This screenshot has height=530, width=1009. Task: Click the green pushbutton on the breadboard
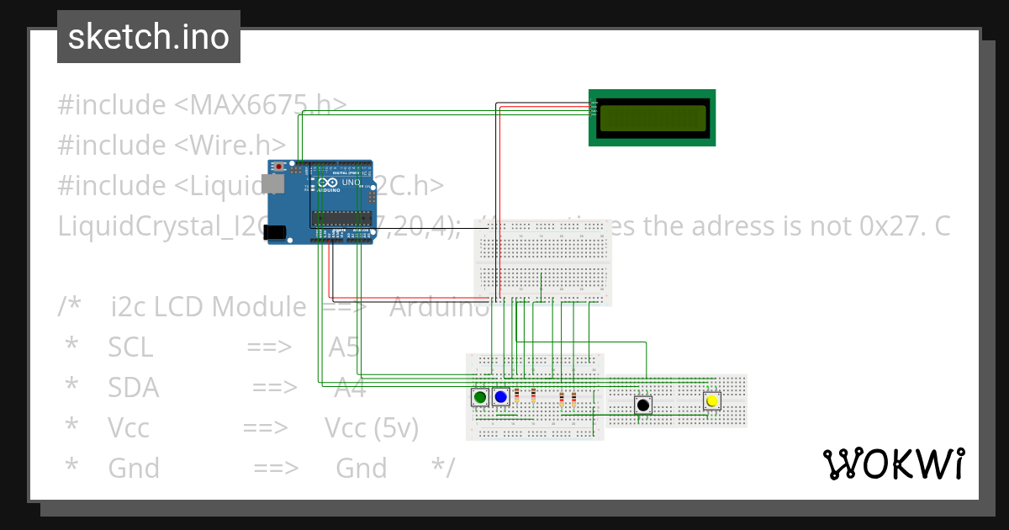coord(480,397)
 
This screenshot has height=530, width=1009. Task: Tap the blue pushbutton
coord(501,396)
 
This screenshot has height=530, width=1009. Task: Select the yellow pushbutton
coord(712,401)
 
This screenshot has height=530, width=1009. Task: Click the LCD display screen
coord(652,119)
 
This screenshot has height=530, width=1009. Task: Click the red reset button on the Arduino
coord(278,167)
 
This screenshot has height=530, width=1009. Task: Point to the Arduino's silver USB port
coord(272,183)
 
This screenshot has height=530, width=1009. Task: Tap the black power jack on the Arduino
coord(275,231)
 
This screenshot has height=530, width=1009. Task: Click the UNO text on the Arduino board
coord(351,183)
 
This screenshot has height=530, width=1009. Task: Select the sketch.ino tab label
coord(149,37)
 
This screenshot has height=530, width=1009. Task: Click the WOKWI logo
coord(893,464)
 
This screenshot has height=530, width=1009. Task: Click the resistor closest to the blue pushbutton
coord(516,396)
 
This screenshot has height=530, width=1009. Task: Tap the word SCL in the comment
coord(130,347)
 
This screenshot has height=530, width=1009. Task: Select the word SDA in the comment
coord(133,388)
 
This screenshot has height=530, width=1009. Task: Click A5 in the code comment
coord(343,347)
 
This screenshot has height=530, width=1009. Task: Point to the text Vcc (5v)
coord(372,428)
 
